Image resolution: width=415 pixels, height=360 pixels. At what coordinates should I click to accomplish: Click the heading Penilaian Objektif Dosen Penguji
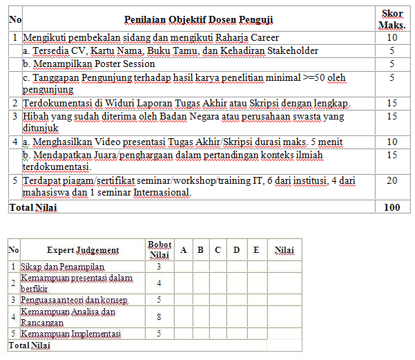(x=199, y=20)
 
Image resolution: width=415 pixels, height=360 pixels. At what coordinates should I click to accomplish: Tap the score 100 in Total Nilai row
(x=392, y=207)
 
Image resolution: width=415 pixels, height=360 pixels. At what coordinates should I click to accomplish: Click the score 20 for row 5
(x=392, y=181)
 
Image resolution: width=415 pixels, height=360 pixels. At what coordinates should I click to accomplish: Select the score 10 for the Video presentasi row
(x=392, y=142)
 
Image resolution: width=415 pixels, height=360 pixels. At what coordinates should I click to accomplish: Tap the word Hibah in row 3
(x=35, y=117)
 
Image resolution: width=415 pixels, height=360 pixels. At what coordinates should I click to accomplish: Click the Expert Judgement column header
(x=83, y=250)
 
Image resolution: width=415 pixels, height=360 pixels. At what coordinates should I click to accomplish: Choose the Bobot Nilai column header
(x=160, y=250)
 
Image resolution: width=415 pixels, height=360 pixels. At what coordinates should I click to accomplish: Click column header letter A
(x=183, y=250)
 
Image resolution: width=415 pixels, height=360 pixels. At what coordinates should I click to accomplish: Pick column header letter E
(x=256, y=250)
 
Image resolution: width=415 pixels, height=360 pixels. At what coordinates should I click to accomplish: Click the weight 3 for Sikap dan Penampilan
(x=160, y=266)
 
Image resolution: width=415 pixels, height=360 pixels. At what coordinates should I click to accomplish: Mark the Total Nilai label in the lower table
(x=29, y=345)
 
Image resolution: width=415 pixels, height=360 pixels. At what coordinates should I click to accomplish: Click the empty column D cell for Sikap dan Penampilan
(x=236, y=266)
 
